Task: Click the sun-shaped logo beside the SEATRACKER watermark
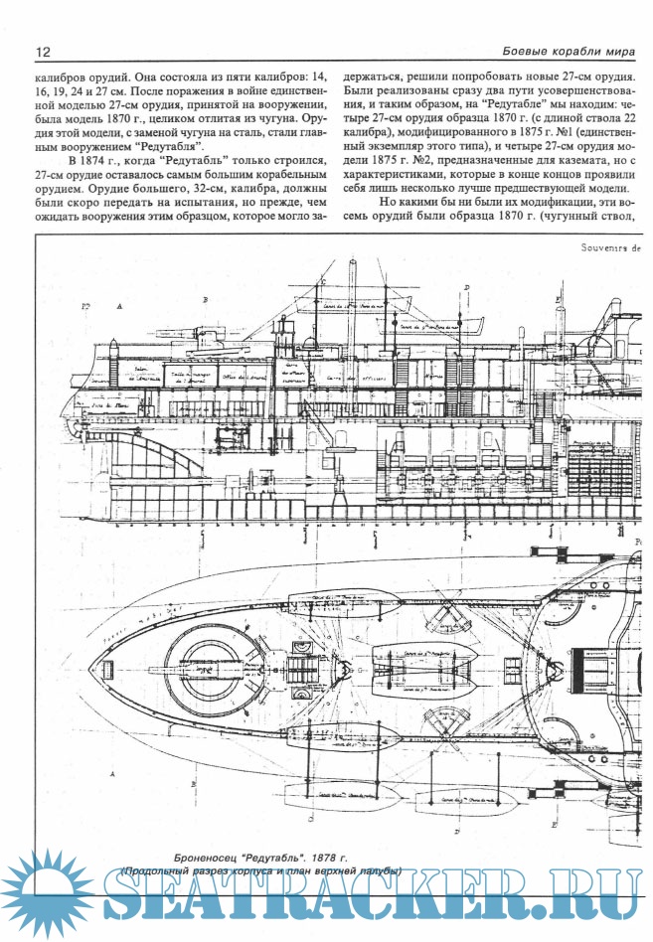pyautogui.click(x=45, y=892)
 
